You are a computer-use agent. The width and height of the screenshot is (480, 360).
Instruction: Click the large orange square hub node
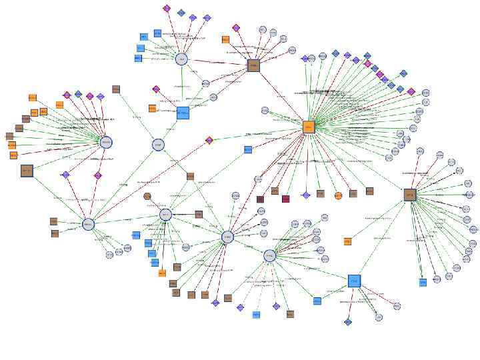click(309, 127)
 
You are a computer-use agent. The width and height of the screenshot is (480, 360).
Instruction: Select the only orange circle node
click(338, 195)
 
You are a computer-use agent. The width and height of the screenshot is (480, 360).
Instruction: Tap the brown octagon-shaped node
click(147, 196)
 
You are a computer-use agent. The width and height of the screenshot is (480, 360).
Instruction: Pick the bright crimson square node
click(286, 199)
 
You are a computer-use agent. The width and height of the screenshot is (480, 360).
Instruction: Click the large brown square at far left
click(27, 171)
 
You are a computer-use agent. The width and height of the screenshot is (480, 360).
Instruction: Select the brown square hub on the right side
click(410, 195)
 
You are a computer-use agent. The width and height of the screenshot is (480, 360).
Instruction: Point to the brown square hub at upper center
click(253, 65)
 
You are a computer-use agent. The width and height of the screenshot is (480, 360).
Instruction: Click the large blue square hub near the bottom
click(354, 281)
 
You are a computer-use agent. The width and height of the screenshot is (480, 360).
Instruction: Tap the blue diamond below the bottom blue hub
click(348, 322)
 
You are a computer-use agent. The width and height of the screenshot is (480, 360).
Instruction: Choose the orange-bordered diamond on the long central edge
click(209, 140)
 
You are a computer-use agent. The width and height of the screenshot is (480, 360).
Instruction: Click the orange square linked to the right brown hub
click(347, 241)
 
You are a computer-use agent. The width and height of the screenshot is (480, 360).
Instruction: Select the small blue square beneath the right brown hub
click(423, 283)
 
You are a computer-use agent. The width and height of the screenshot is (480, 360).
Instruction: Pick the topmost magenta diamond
click(167, 9)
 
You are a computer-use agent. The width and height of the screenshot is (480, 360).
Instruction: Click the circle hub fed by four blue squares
click(182, 59)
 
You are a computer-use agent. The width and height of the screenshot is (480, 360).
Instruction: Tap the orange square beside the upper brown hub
click(225, 39)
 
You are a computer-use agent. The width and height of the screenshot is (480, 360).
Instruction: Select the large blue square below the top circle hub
click(183, 113)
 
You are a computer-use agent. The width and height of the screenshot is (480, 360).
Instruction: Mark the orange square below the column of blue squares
click(162, 273)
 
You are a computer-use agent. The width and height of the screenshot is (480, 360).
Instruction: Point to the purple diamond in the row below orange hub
click(306, 195)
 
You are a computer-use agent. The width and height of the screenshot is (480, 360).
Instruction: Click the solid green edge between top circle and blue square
click(182, 86)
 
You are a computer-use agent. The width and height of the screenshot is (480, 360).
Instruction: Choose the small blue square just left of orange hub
click(248, 150)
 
